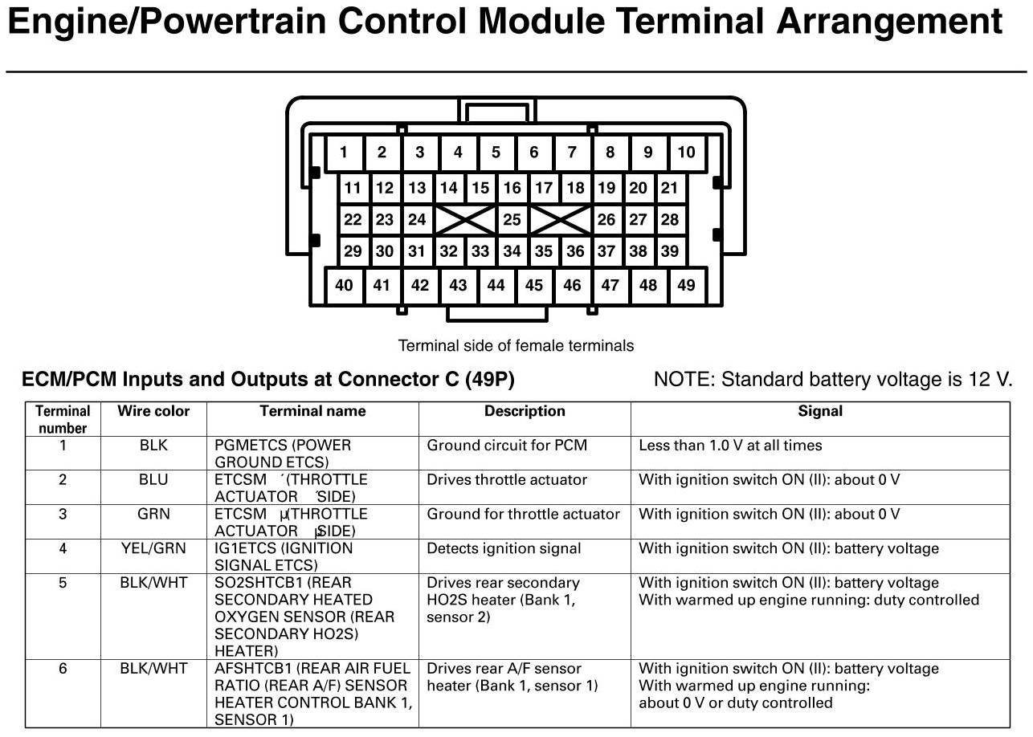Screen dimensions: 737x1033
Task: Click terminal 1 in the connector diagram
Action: point(344,153)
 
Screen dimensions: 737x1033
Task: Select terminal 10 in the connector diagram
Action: point(686,153)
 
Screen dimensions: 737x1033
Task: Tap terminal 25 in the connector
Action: point(512,219)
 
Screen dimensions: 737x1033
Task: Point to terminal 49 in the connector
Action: point(686,285)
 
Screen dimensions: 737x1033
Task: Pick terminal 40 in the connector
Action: point(344,285)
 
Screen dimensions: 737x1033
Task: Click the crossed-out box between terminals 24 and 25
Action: point(464,219)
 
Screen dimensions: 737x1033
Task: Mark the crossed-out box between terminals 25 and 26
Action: point(559,219)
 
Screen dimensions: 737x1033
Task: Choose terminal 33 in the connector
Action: point(480,251)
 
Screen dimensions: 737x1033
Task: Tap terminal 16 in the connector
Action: point(512,189)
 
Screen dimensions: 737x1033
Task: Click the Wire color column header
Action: point(153,411)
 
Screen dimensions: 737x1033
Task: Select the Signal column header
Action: point(820,411)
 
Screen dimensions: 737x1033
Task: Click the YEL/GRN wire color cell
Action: point(153,548)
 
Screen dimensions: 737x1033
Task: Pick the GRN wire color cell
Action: point(153,514)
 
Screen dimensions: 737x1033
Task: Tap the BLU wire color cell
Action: point(153,479)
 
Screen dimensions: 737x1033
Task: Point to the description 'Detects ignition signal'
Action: point(504,548)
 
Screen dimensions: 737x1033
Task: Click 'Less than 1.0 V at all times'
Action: point(730,445)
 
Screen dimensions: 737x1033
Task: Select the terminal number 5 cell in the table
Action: point(63,583)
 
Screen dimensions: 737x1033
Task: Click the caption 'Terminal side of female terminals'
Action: point(516,346)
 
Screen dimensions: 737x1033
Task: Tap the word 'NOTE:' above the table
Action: point(683,379)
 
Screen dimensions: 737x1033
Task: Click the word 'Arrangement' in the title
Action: point(889,22)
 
